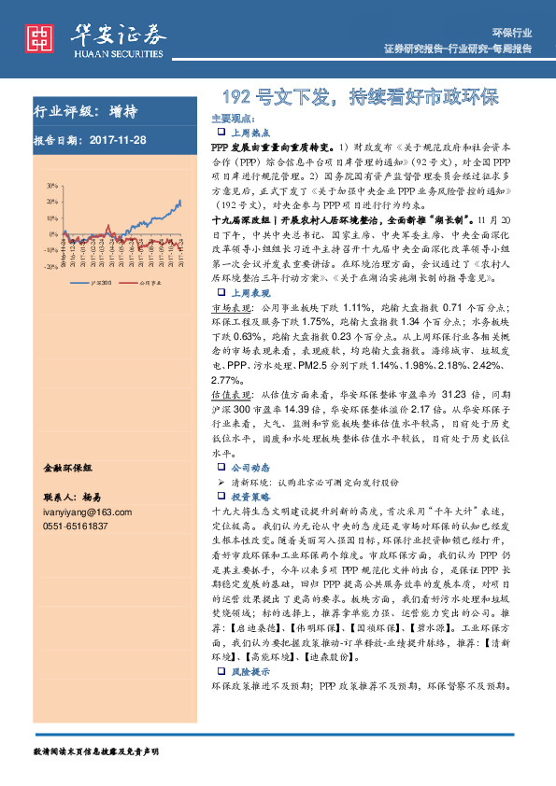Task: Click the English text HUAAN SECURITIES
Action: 120,53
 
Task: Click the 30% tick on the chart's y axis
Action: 51,186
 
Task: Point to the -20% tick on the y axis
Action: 50,266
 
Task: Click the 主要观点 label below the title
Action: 233,119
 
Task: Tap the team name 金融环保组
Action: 69,466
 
